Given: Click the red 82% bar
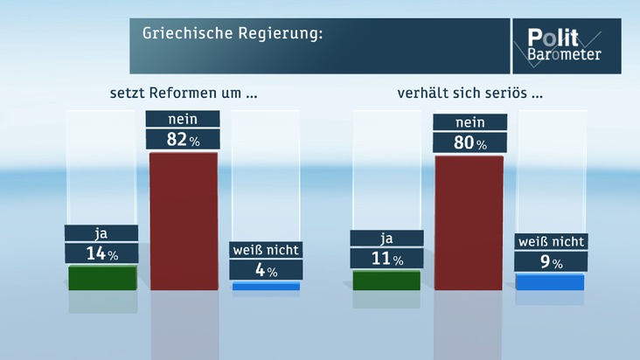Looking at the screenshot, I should [184, 220].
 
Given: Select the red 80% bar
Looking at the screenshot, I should [469, 222].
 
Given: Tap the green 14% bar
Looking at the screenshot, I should [102, 277].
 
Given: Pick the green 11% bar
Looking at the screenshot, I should [386, 280].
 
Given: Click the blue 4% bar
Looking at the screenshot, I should [266, 286].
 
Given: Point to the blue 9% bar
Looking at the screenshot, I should [550, 281].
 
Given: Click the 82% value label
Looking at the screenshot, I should [184, 138].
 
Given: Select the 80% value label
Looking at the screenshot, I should [469, 142].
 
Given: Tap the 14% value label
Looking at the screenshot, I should [101, 253].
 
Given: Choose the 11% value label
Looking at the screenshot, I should [386, 259].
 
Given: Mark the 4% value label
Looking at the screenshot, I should [266, 270].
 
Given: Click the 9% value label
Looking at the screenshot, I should [550, 261].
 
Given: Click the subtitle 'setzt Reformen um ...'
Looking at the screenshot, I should [182, 91].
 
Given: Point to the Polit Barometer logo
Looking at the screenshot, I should [564, 46].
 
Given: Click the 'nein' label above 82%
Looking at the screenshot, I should [184, 119].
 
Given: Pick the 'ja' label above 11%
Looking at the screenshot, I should [386, 239].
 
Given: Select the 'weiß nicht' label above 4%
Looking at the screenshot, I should [266, 250].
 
